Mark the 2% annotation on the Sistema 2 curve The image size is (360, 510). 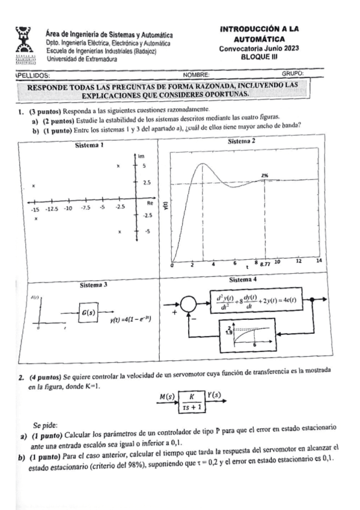click(264, 176)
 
